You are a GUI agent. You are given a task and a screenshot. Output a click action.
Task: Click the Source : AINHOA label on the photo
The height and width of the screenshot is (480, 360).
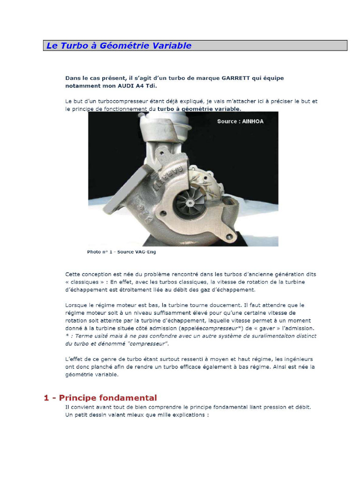[240, 121]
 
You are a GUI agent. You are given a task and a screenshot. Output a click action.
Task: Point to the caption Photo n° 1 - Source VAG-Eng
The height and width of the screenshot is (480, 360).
[121, 252]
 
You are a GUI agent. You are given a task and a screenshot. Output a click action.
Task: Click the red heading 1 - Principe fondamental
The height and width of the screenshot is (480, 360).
[100, 397]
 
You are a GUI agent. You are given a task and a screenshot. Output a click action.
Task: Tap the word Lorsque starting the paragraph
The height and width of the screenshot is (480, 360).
[76, 305]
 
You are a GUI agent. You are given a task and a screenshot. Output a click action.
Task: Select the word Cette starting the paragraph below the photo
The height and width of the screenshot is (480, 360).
[74, 274]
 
